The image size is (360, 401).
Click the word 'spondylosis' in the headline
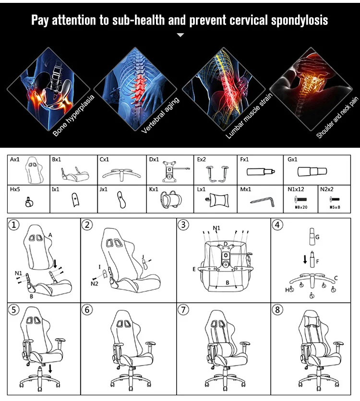300,21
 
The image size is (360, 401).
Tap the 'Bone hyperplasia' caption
73,116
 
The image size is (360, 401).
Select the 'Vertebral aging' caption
160,115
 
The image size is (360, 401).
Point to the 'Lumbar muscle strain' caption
249,117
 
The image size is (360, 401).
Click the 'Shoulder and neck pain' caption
337,118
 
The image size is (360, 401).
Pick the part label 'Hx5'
15,189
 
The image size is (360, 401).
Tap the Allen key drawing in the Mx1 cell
262,201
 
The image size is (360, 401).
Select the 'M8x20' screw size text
301,207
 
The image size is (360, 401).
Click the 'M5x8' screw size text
335,207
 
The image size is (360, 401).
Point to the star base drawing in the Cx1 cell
121,174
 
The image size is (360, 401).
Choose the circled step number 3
183,225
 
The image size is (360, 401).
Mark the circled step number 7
183,310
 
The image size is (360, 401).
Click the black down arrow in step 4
305,259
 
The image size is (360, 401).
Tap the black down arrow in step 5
50,368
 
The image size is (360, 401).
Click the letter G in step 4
318,237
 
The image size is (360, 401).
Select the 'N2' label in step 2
95,283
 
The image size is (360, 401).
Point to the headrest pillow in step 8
312,319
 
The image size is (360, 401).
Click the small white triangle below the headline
180,35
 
